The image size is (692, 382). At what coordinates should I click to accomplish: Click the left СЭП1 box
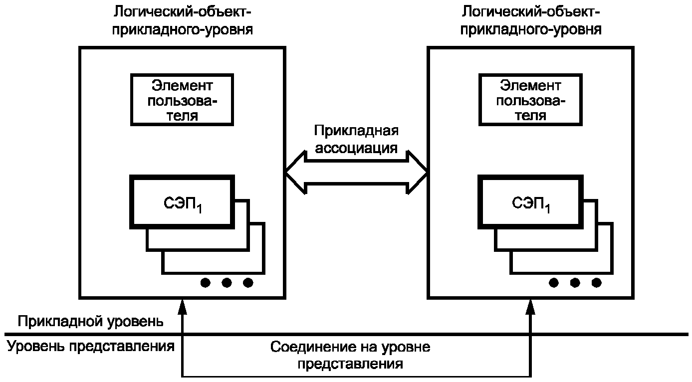coord(182,202)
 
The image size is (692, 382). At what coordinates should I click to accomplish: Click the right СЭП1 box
coord(530,202)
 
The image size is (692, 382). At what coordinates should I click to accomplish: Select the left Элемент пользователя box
coord(182,100)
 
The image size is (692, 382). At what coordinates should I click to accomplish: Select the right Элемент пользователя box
coord(530,100)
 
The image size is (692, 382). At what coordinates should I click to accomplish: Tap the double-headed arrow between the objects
coord(357,173)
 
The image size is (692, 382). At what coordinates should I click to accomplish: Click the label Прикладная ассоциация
coord(356,139)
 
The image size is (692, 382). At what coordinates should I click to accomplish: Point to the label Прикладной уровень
coord(90,322)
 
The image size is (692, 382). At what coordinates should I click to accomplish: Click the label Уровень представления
coord(91,347)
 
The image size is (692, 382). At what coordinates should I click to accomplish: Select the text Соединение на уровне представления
coord(350,355)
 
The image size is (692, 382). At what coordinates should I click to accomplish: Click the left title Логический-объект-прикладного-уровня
coord(182,21)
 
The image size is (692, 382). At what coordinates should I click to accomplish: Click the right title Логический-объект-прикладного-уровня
coord(531,21)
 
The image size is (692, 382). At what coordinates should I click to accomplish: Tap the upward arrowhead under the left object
coord(183,307)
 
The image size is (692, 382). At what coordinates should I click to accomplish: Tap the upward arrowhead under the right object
coord(530,307)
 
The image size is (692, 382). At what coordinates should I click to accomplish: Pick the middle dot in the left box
coord(227,283)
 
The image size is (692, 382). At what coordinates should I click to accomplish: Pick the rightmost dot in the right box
coord(596,283)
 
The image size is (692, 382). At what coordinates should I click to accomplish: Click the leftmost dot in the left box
coord(206,283)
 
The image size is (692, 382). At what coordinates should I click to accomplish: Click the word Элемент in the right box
coord(530,86)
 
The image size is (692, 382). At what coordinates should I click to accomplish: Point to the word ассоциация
coord(356,148)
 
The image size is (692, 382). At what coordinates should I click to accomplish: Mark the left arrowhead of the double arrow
coord(295,173)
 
